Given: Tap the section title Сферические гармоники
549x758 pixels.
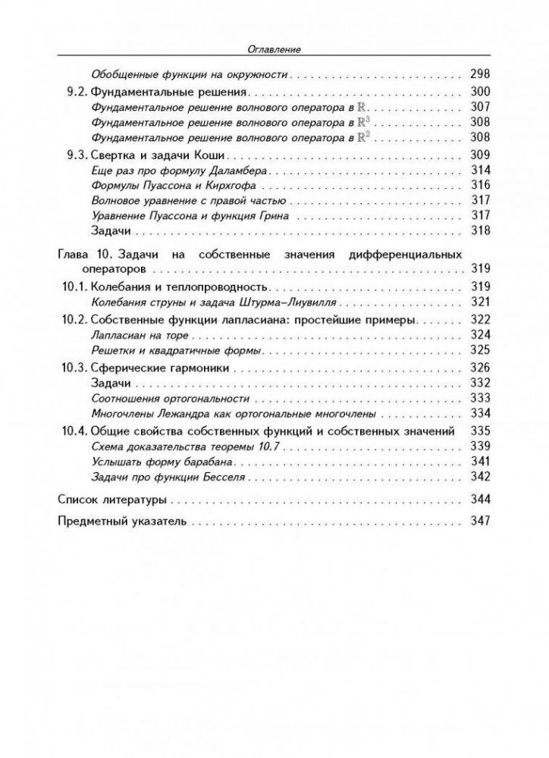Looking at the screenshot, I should (159, 368).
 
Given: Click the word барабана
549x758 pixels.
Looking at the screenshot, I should (218, 462).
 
